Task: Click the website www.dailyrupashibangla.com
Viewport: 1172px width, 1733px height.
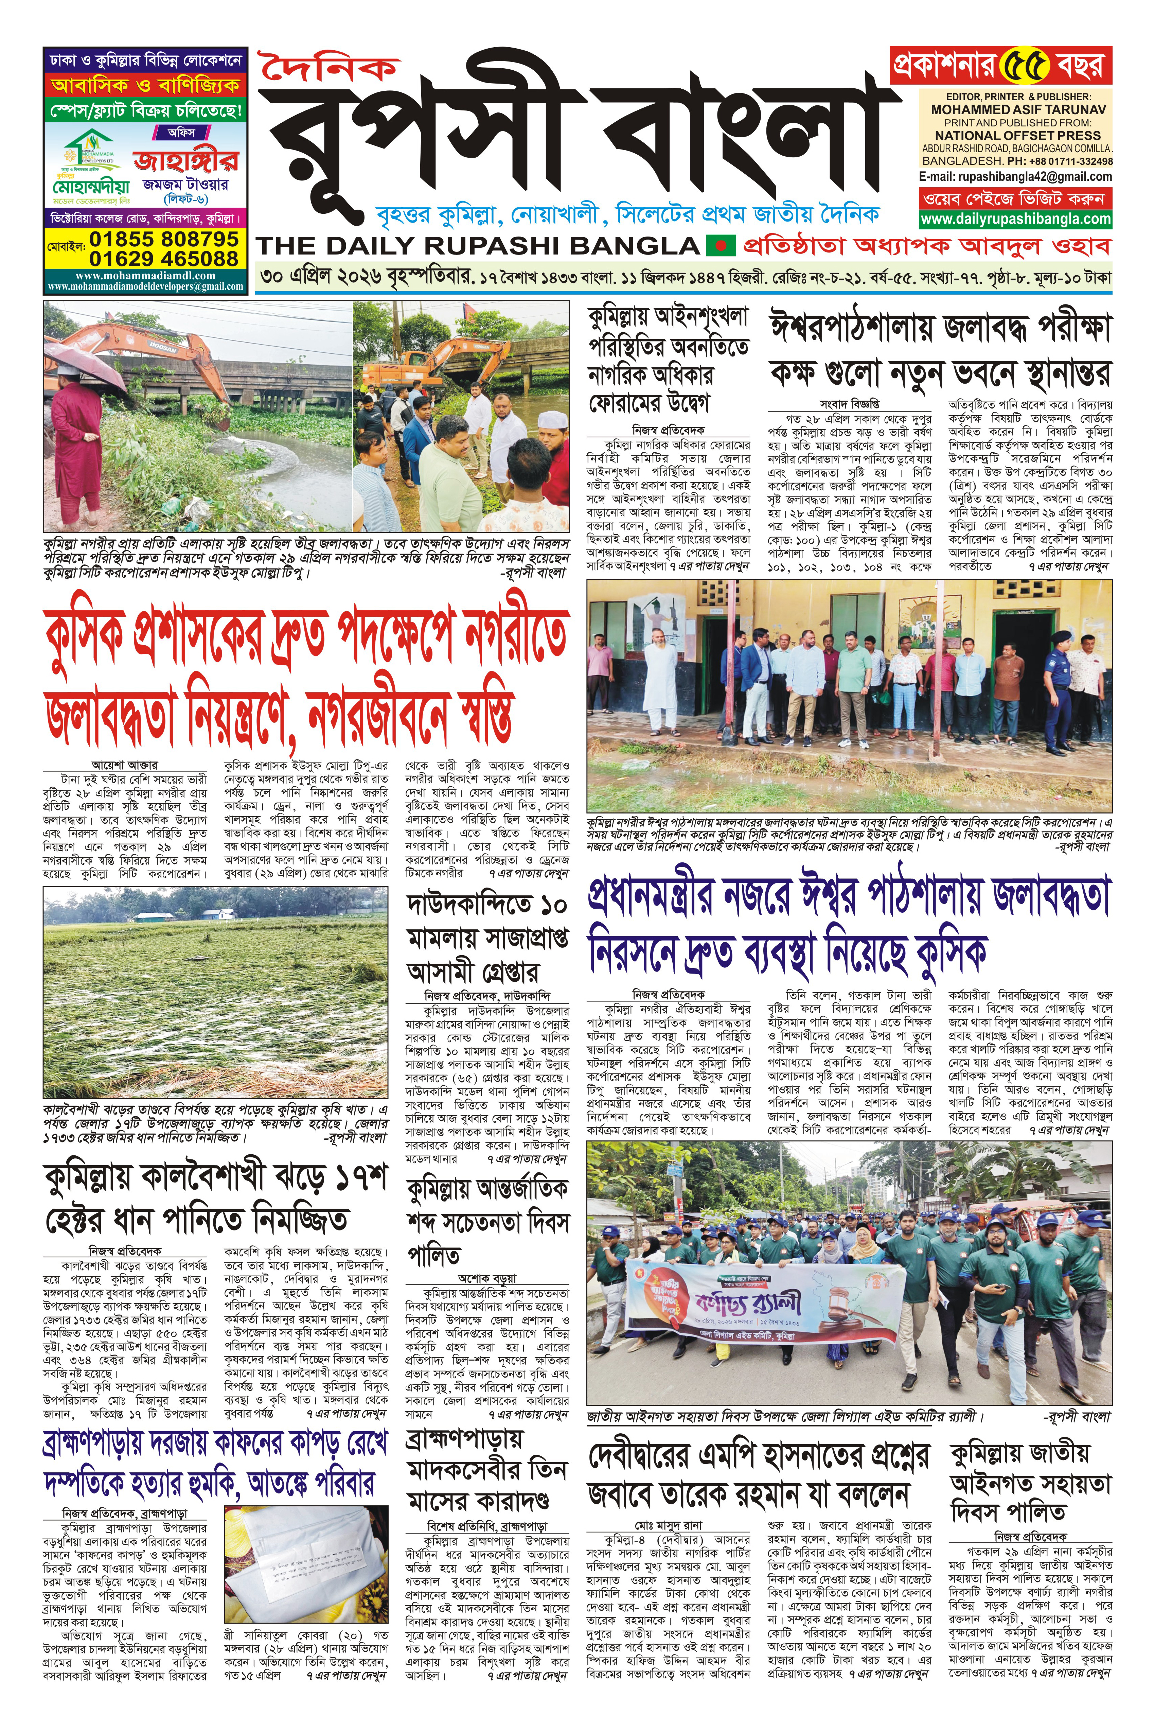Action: tap(1015, 219)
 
